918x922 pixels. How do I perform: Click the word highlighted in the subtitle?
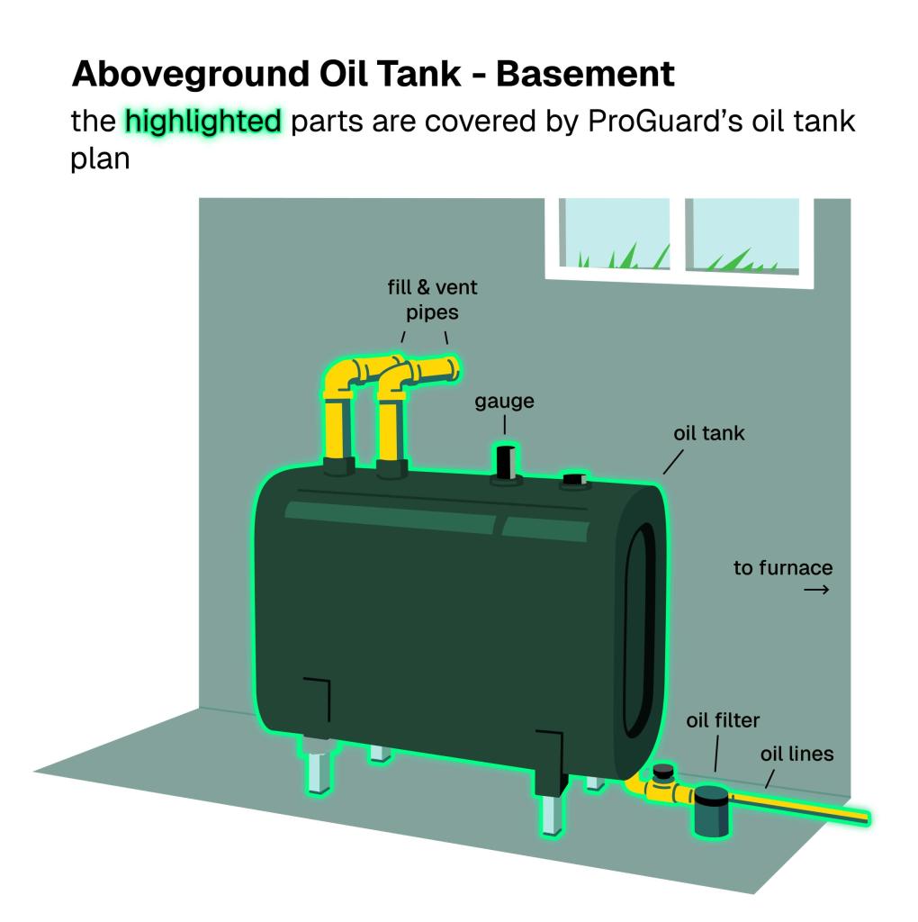[203, 121]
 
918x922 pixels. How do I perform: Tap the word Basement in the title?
[584, 73]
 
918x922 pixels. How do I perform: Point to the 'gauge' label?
[504, 402]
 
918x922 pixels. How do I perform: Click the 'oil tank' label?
[709, 433]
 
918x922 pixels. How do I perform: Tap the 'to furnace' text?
[782, 568]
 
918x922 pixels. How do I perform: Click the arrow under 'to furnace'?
[815, 590]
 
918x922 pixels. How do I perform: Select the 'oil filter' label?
[723, 720]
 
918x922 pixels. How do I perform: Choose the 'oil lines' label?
[796, 754]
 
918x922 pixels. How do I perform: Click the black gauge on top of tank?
[507, 462]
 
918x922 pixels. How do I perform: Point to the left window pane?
[615, 234]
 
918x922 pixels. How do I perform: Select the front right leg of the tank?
[551, 812]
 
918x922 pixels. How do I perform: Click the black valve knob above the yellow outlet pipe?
[664, 770]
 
